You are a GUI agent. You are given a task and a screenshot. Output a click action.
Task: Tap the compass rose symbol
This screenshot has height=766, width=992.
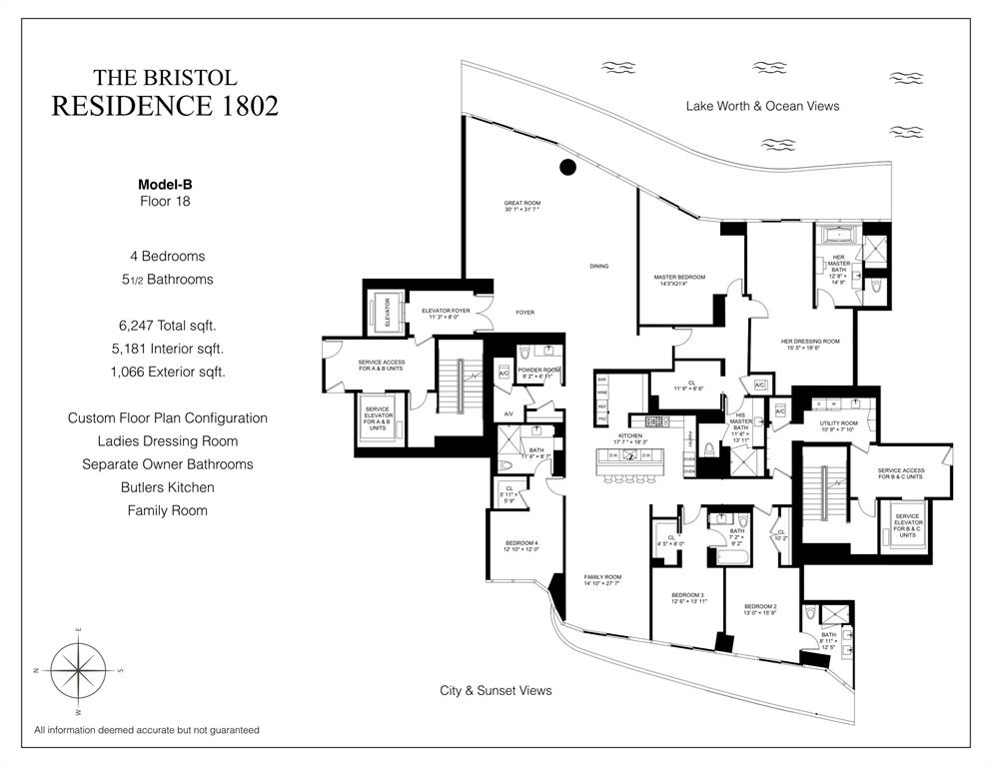click(78, 668)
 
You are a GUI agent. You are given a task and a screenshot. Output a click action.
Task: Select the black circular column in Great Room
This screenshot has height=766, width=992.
click(567, 168)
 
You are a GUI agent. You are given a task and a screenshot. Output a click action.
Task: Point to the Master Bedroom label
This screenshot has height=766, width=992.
click(679, 280)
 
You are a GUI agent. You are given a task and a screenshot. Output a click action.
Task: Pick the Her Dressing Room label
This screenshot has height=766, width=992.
click(810, 344)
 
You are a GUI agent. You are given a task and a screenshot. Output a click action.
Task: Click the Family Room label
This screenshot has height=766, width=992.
click(602, 579)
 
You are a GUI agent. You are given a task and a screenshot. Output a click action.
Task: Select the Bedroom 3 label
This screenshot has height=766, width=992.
click(689, 597)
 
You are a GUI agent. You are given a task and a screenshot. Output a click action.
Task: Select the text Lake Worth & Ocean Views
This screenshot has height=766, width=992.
click(762, 106)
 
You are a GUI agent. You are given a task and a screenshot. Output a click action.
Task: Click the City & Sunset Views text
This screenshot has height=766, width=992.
click(496, 690)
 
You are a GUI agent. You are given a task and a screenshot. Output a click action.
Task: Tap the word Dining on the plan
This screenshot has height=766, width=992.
click(598, 267)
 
